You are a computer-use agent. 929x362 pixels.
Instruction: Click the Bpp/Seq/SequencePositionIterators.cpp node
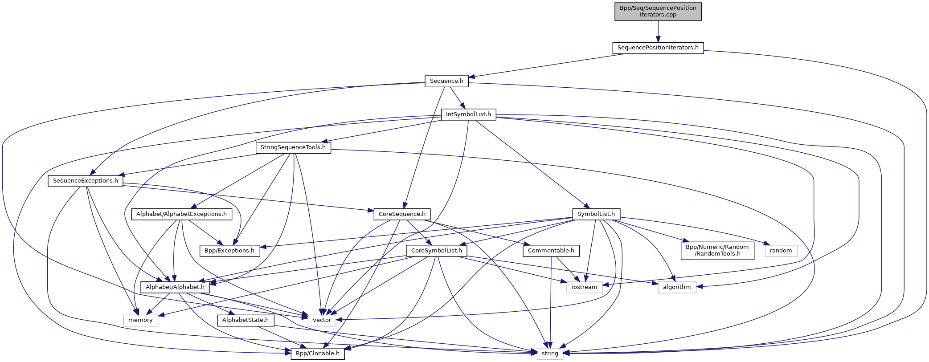(658, 11)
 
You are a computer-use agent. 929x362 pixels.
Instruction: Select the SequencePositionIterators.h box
(658, 48)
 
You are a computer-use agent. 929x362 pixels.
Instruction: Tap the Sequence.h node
(446, 81)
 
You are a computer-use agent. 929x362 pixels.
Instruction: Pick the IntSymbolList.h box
(468, 114)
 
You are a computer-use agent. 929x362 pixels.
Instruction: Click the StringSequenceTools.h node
(293, 147)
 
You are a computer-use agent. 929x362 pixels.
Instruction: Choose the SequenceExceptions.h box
(86, 181)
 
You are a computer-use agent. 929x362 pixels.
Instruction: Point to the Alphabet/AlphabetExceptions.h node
(181, 214)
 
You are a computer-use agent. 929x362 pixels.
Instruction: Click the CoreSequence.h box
(402, 214)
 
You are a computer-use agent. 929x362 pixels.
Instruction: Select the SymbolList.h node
(596, 214)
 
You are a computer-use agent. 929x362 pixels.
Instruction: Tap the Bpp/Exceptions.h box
(229, 251)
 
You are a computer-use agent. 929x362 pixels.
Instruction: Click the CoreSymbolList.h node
(437, 251)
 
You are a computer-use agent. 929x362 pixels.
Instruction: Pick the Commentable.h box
(551, 251)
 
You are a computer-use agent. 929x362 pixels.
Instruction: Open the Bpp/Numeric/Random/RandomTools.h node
(717, 250)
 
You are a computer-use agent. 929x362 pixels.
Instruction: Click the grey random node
(781, 251)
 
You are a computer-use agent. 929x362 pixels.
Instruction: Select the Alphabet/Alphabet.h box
(175, 287)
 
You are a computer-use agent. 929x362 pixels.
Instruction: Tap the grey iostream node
(584, 287)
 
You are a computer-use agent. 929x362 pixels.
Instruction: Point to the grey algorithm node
(676, 287)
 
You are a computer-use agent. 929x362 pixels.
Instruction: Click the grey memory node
(140, 320)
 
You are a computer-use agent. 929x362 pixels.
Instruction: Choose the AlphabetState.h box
(246, 320)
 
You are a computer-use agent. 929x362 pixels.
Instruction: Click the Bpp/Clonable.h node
(317, 354)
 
